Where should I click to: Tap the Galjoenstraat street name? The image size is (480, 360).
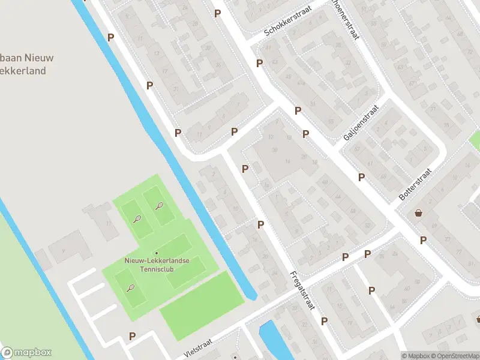pyautogui.click(x=361, y=123)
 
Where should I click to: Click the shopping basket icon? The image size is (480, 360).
pyautogui.click(x=418, y=213)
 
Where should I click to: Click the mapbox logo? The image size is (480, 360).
pyautogui.click(x=26, y=352)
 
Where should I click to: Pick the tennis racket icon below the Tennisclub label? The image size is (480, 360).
pyautogui.click(x=130, y=287)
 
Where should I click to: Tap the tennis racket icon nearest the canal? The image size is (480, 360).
pyautogui.click(x=159, y=206)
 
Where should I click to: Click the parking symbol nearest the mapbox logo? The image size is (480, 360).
pyautogui.click(x=132, y=336)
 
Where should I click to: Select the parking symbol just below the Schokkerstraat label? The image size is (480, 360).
pyautogui.click(x=260, y=64)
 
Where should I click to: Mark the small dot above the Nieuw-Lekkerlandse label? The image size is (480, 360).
pyautogui.click(x=157, y=253)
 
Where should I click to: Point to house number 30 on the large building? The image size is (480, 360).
pyautogui.click(x=275, y=150)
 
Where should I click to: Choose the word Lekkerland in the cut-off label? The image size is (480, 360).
pyautogui.click(x=24, y=71)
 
